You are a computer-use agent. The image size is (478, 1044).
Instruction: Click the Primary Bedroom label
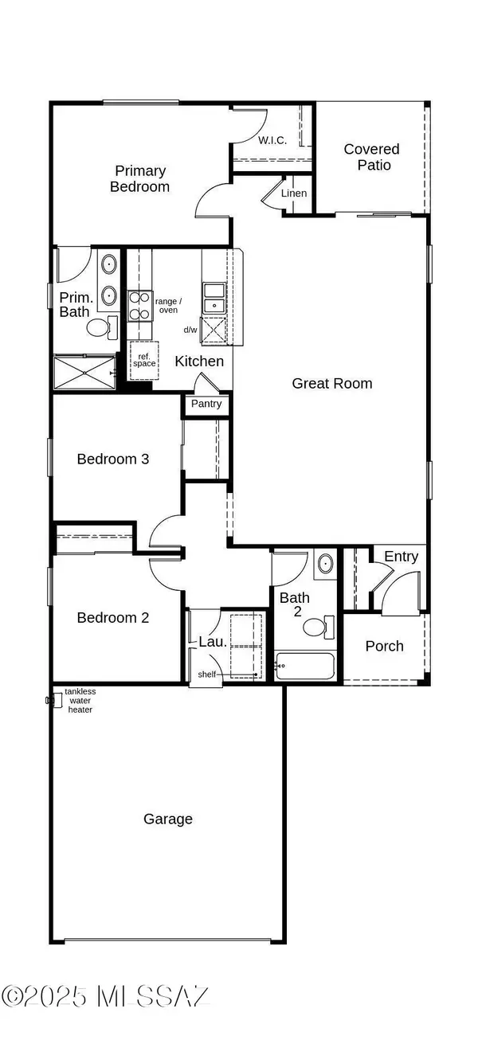pos(140,178)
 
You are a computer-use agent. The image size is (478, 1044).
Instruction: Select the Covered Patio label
pos(371,157)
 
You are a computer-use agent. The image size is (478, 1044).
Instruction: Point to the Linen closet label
pos(294,194)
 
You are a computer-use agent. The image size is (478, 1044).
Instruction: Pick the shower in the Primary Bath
pos(84,372)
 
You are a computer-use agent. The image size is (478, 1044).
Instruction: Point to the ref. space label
pos(144,359)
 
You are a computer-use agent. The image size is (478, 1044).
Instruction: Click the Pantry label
pos(206,404)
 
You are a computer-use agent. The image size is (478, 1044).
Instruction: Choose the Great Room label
pos(331,383)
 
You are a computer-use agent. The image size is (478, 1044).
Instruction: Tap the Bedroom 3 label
pos(113,459)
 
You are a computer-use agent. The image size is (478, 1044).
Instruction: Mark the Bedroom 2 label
pos(113,617)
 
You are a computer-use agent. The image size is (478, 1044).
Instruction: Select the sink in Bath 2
pos(324,565)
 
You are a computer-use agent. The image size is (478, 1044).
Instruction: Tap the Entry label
pos(401,557)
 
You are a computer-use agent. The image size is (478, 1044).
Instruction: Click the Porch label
pos(384,646)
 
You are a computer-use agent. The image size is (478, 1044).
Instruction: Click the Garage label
pos(168,819)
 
